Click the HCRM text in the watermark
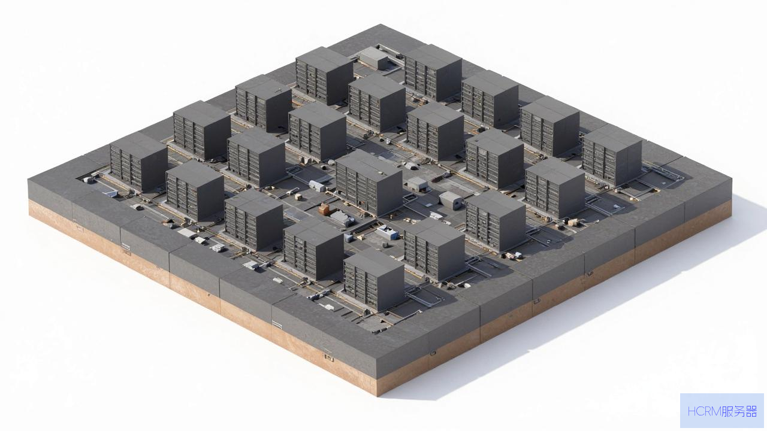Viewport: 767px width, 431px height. (704, 411)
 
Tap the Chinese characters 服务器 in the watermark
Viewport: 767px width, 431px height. (739, 411)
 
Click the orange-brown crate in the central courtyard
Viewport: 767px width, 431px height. (324, 209)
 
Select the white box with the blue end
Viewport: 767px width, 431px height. (387, 232)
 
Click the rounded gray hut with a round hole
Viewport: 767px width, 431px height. (451, 201)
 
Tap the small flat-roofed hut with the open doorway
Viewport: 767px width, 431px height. (418, 184)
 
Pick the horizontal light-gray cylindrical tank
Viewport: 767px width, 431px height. (318, 186)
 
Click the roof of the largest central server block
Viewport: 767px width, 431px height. (369, 166)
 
